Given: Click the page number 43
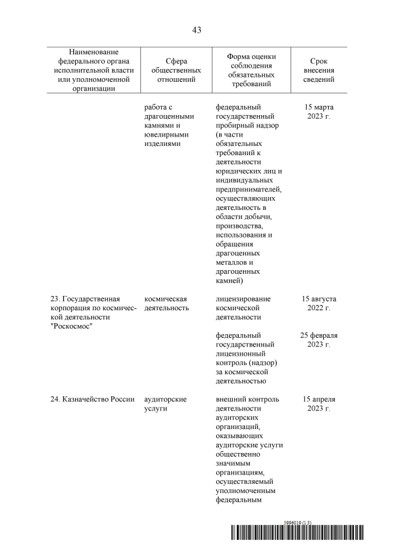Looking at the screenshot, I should [x=196, y=30].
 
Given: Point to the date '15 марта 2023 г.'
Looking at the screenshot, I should [x=319, y=111].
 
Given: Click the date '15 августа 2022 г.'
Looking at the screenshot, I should [x=319, y=303].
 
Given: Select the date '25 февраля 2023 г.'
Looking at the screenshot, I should [x=319, y=340].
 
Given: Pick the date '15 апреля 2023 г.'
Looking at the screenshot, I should [x=319, y=404].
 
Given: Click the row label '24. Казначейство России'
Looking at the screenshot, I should [x=92, y=399].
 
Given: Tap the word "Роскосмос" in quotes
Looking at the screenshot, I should [x=74, y=326].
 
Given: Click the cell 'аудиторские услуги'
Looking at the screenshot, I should [x=165, y=404].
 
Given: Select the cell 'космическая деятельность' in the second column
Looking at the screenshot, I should [x=166, y=303].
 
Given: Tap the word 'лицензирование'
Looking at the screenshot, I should [x=243, y=299].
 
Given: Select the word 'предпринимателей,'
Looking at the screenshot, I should [x=249, y=190].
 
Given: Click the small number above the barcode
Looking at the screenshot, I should [x=297, y=522].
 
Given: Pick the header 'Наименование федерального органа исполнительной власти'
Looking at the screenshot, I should [x=94, y=70].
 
